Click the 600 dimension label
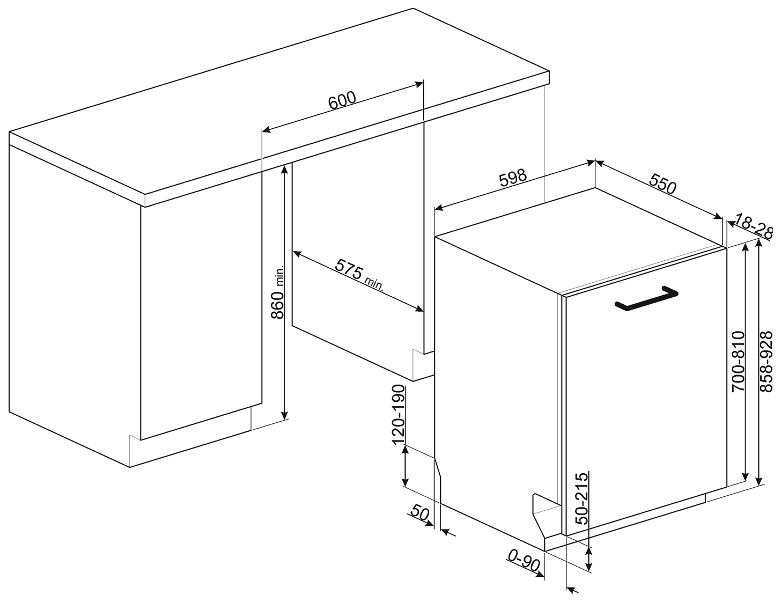[x=342, y=101]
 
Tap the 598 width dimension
[x=512, y=179]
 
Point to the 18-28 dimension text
[x=753, y=226]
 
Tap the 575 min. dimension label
[x=359, y=275]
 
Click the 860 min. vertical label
[x=277, y=292]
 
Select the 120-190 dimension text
[x=399, y=415]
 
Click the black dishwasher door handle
[x=646, y=298]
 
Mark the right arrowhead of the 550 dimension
[x=717, y=216]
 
